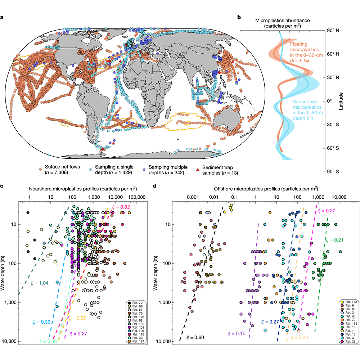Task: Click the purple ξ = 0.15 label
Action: (236, 334)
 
